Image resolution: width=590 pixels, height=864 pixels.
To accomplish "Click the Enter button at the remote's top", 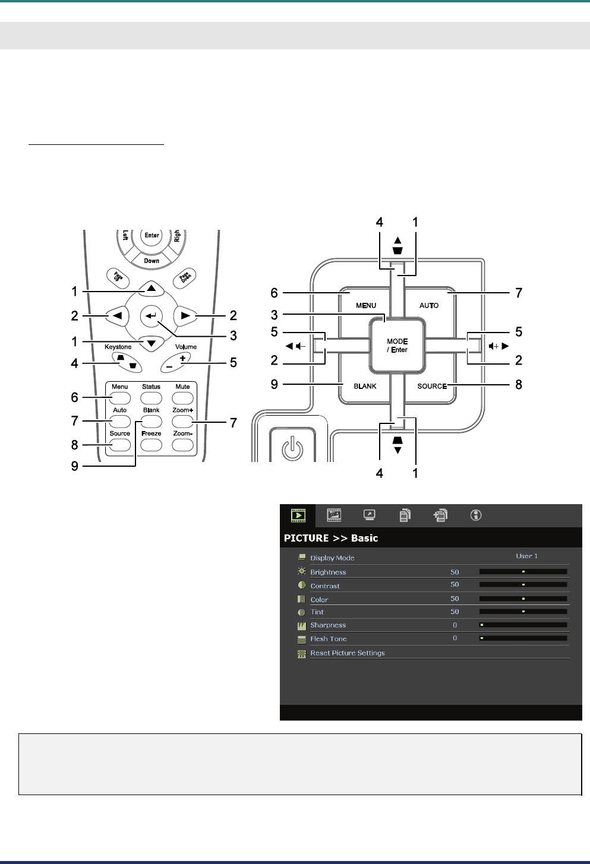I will point(152,235).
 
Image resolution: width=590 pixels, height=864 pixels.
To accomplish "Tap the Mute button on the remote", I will point(182,398).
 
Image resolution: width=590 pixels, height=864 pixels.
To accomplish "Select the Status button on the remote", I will point(151,398).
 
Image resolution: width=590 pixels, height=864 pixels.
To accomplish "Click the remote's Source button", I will point(119,445).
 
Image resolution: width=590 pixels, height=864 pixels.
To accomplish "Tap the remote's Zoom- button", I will point(182,445).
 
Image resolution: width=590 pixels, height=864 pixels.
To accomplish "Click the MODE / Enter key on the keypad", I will point(397,346).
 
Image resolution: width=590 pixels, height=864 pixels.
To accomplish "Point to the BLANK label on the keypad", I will point(365,386).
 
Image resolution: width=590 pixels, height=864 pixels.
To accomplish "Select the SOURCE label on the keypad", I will point(431,386).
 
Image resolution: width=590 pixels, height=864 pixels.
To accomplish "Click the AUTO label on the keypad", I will point(429,305).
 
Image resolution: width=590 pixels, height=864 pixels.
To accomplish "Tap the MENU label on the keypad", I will point(366,305).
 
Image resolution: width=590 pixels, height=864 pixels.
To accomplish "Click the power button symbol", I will point(291,448).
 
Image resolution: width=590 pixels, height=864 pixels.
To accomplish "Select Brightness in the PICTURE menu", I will point(328,572).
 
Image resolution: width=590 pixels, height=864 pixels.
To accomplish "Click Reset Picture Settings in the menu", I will point(348,653).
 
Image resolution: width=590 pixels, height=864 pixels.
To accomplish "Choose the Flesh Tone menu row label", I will point(329,639).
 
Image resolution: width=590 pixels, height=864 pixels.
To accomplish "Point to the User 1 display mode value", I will point(526,556).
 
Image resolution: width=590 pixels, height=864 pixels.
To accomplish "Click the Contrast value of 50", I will point(455,585).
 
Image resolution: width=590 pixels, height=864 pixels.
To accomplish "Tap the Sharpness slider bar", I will point(523,625).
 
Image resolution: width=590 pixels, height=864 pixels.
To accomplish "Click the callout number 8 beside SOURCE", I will point(519,384).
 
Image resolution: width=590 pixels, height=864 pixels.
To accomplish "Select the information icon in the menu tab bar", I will point(475,515).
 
